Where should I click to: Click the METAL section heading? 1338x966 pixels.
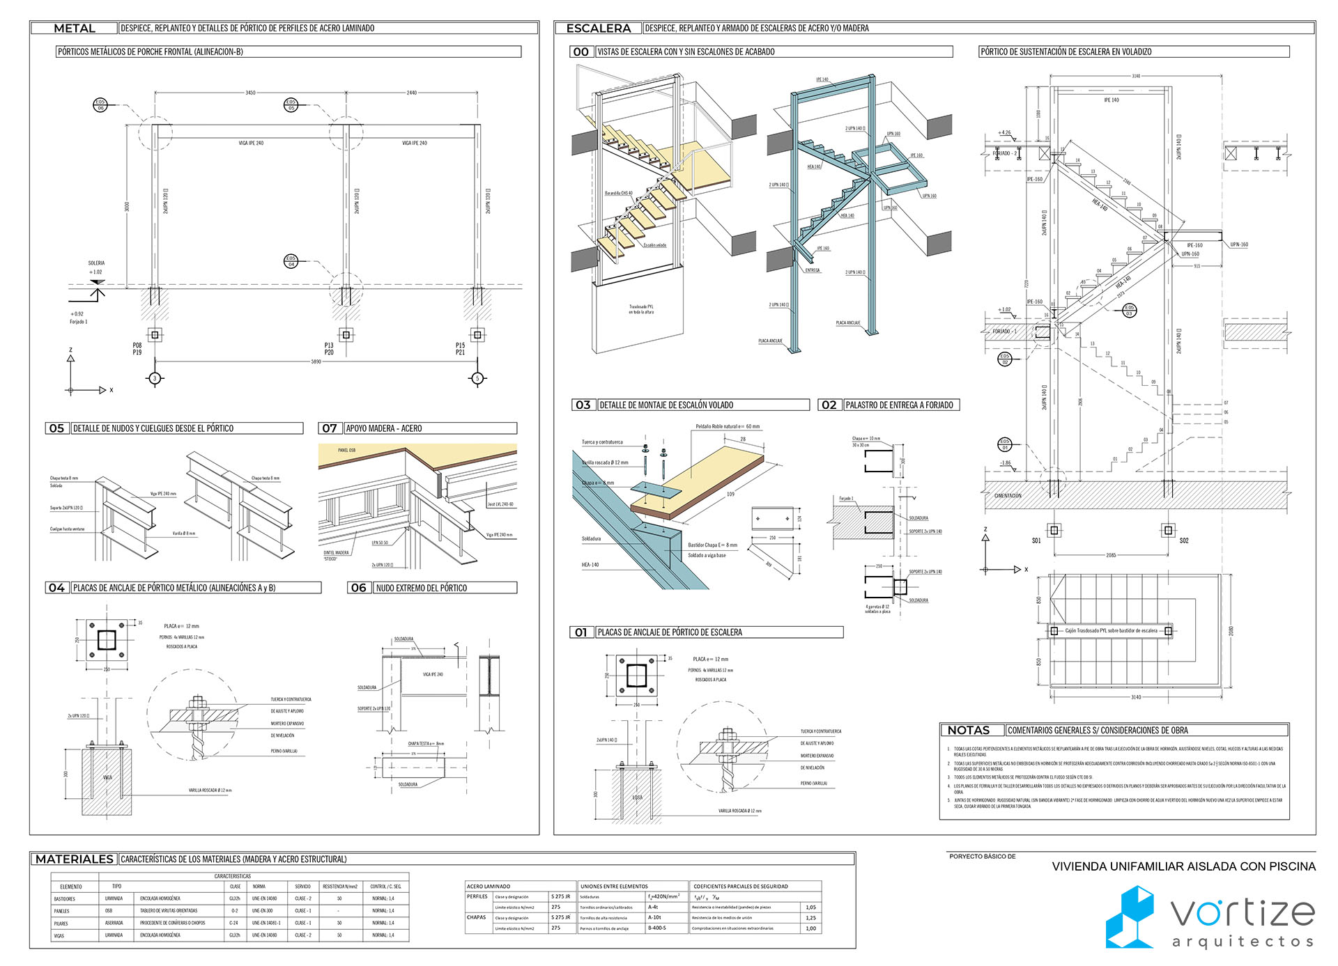[74, 29]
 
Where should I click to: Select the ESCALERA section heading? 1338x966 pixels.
[598, 29]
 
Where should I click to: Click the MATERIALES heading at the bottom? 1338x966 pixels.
[74, 859]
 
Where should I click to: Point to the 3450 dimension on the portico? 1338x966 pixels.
[250, 93]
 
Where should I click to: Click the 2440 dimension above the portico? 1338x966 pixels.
[412, 93]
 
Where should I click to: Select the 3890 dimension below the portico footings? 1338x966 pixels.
[316, 361]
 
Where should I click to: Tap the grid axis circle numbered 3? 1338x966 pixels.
[155, 378]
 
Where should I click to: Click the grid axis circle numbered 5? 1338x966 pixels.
[477, 378]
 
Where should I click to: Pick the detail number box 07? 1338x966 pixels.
[330, 428]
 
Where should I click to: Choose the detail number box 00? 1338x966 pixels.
[580, 52]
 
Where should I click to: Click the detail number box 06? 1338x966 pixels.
[358, 588]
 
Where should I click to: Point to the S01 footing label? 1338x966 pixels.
[1036, 540]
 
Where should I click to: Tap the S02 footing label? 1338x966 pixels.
[1183, 540]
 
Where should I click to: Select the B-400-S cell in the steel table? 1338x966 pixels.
[657, 928]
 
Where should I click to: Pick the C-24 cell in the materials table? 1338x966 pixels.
[234, 923]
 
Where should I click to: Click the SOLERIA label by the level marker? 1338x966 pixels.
[96, 263]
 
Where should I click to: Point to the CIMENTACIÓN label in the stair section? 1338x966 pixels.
[1008, 495]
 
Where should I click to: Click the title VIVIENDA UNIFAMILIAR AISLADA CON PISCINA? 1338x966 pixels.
[1183, 866]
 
